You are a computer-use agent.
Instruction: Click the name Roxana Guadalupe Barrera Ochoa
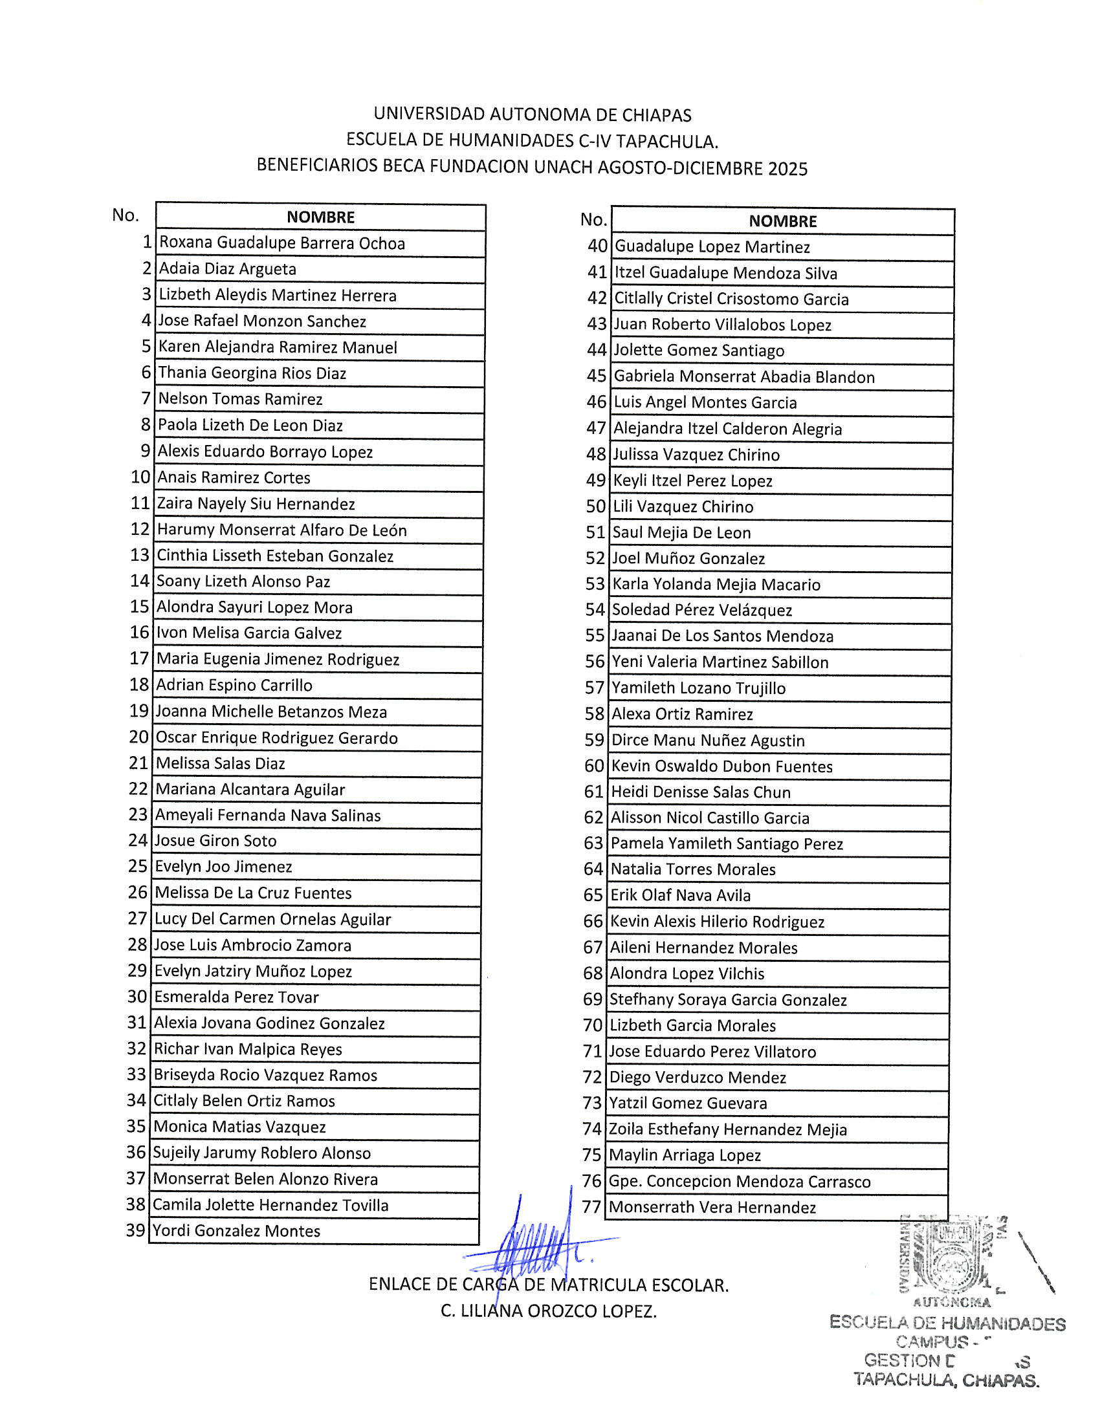281,243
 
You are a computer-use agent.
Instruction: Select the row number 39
135,1231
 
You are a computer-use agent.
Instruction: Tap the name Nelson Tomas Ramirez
241,398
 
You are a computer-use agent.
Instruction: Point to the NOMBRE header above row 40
782,221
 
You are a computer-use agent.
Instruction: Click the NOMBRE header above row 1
320,217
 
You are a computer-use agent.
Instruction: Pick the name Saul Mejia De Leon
681,533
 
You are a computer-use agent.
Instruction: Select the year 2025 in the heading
787,169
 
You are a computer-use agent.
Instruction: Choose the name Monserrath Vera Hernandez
712,1208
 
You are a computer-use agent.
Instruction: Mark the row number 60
594,766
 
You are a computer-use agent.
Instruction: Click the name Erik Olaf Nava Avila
680,896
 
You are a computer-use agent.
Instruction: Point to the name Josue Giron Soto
215,841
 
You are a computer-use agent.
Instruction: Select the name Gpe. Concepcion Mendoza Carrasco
740,1181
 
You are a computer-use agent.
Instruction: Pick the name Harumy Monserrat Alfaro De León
281,530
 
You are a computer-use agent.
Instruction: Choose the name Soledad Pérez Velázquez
702,611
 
